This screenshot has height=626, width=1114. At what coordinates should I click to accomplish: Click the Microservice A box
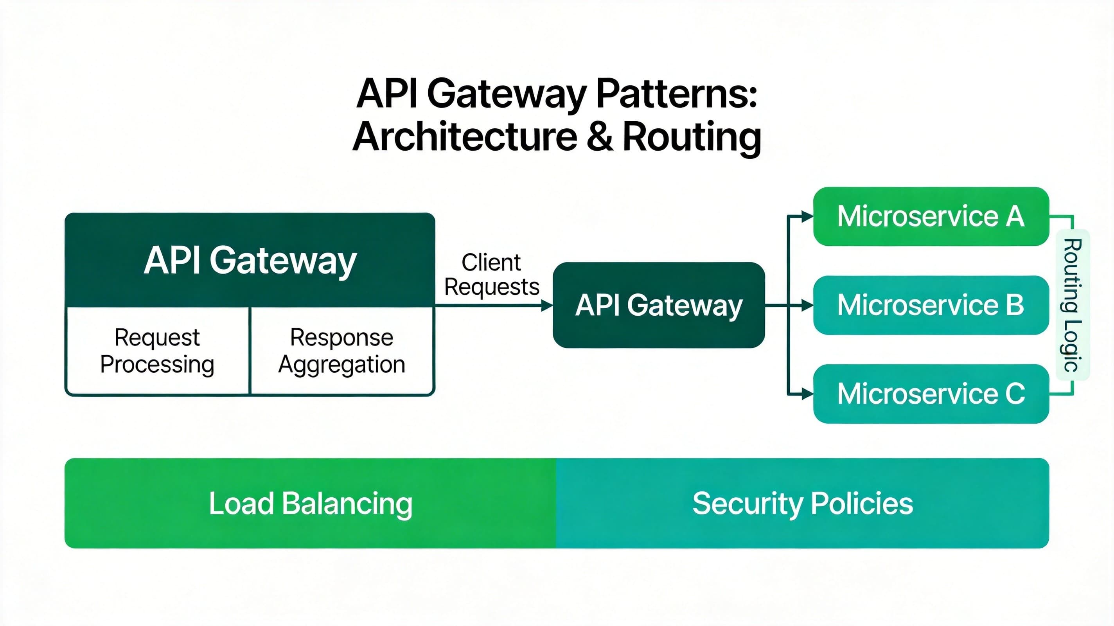click(x=931, y=216)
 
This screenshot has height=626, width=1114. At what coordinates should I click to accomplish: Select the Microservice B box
click(x=931, y=305)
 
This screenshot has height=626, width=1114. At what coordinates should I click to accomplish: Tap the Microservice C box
click(x=931, y=394)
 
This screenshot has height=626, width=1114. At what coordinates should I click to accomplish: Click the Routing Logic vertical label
click(x=1072, y=305)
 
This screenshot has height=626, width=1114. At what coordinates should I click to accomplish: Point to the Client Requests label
click(x=492, y=275)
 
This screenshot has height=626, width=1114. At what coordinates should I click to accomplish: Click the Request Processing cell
click(x=157, y=351)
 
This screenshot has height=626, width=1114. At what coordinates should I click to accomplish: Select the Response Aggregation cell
click(x=341, y=351)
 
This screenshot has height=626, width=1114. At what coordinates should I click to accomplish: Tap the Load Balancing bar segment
click(x=311, y=503)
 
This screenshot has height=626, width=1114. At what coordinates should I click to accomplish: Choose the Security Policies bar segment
click(x=802, y=503)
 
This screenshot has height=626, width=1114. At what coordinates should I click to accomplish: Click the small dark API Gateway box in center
click(x=659, y=305)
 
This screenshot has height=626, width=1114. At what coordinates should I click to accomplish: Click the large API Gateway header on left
click(x=250, y=260)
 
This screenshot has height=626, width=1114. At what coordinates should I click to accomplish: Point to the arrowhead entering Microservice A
click(x=807, y=216)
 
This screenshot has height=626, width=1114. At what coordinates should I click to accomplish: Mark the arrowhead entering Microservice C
click(x=807, y=394)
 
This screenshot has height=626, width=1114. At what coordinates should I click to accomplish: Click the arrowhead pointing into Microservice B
click(x=807, y=306)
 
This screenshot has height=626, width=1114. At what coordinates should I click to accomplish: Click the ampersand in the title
click(x=600, y=137)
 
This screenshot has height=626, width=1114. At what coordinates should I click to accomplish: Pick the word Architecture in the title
click(x=465, y=137)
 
